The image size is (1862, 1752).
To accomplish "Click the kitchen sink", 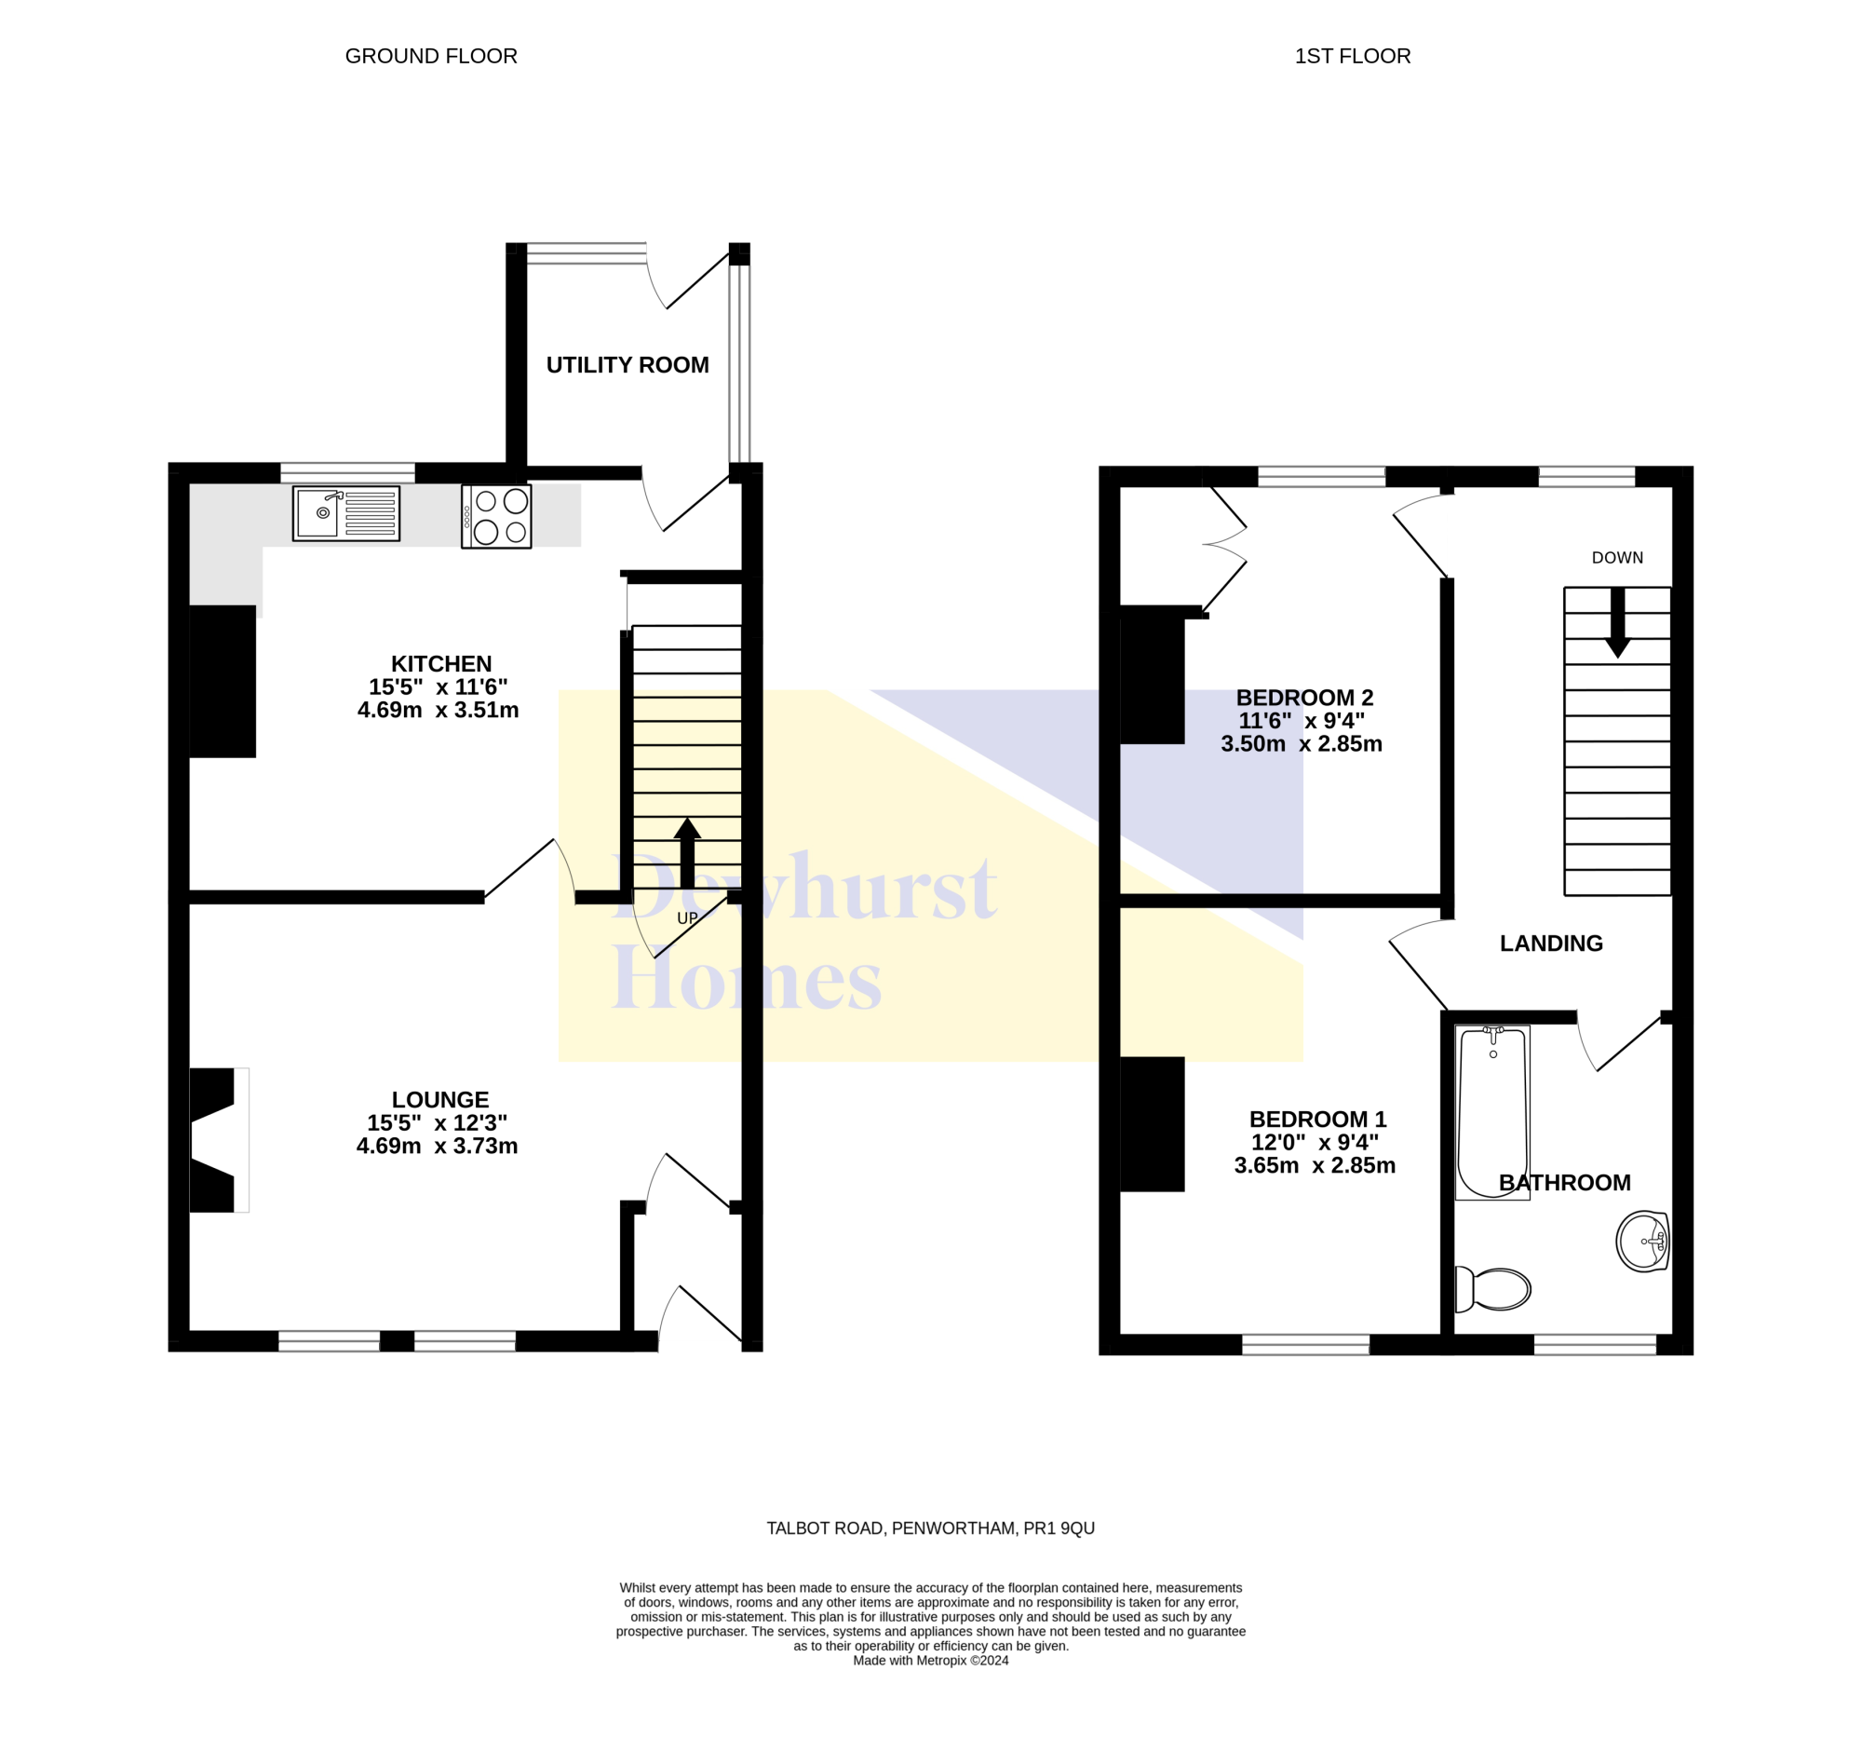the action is click(345, 513).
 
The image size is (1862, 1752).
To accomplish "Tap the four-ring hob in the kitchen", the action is click(496, 516).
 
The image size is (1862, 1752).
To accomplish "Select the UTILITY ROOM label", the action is click(627, 364).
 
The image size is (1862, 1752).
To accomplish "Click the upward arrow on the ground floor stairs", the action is click(687, 852).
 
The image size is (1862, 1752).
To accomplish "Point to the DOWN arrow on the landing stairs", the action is click(1617, 623).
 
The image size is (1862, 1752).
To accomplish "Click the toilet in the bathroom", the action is click(1493, 1289).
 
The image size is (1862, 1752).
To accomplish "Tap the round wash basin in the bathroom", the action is click(1643, 1242).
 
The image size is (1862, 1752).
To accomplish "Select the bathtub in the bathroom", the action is click(1493, 1112).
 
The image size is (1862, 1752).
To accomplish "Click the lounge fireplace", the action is click(219, 1140).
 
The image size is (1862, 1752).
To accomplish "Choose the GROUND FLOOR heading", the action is click(431, 56).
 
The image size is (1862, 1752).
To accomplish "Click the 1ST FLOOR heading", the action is click(1353, 56).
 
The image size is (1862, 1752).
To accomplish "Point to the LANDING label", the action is click(1551, 944).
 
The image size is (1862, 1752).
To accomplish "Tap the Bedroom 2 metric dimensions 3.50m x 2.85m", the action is click(1301, 744).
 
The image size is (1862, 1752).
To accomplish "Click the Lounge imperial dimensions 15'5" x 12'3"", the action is click(438, 1122).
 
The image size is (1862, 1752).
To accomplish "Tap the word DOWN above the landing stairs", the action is click(1617, 557).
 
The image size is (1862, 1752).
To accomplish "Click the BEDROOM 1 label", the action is click(1317, 1119).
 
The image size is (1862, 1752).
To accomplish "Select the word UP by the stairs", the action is click(687, 918).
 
